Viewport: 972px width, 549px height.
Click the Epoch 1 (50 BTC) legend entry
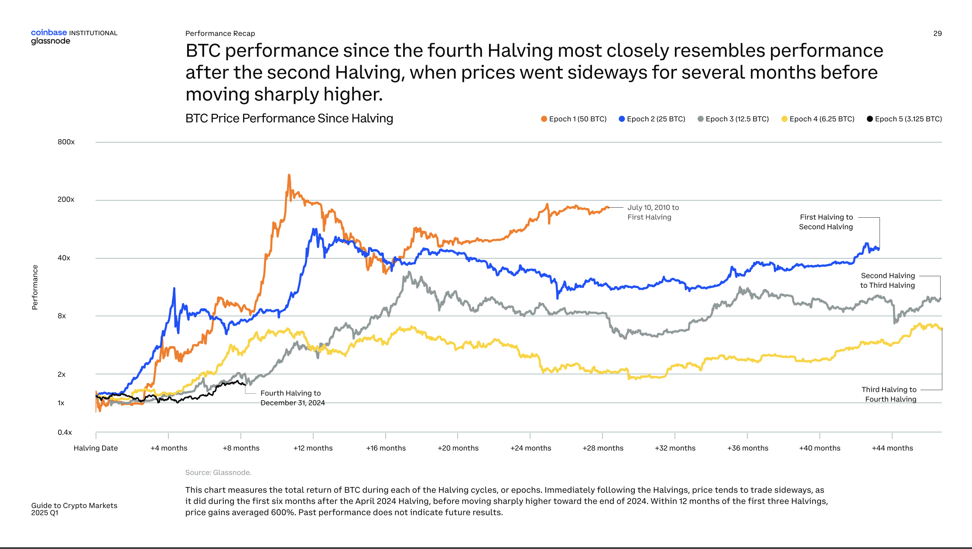click(x=573, y=119)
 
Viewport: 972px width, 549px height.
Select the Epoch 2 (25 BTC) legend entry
click(x=652, y=119)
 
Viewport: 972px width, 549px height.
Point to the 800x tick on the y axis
click(x=66, y=142)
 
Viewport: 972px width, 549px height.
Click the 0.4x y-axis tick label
click(x=65, y=432)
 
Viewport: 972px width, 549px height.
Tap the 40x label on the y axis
click(x=64, y=258)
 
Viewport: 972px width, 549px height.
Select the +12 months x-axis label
click(x=313, y=448)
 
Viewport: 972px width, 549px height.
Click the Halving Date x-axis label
click(x=96, y=448)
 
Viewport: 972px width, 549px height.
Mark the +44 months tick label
click(x=892, y=448)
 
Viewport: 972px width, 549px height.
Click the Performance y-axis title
click(x=35, y=287)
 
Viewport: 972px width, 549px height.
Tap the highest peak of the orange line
click(x=289, y=175)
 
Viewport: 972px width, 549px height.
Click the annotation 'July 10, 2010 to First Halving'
click(x=653, y=213)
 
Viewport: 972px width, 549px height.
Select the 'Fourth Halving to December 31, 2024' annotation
click(x=292, y=398)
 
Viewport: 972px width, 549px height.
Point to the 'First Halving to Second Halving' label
click(x=825, y=222)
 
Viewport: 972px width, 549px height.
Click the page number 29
click(x=937, y=34)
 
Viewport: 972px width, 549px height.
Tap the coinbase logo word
click(x=49, y=33)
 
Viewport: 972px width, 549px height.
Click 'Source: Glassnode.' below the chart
click(x=218, y=473)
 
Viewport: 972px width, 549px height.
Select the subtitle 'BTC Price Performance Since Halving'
click(x=289, y=118)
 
